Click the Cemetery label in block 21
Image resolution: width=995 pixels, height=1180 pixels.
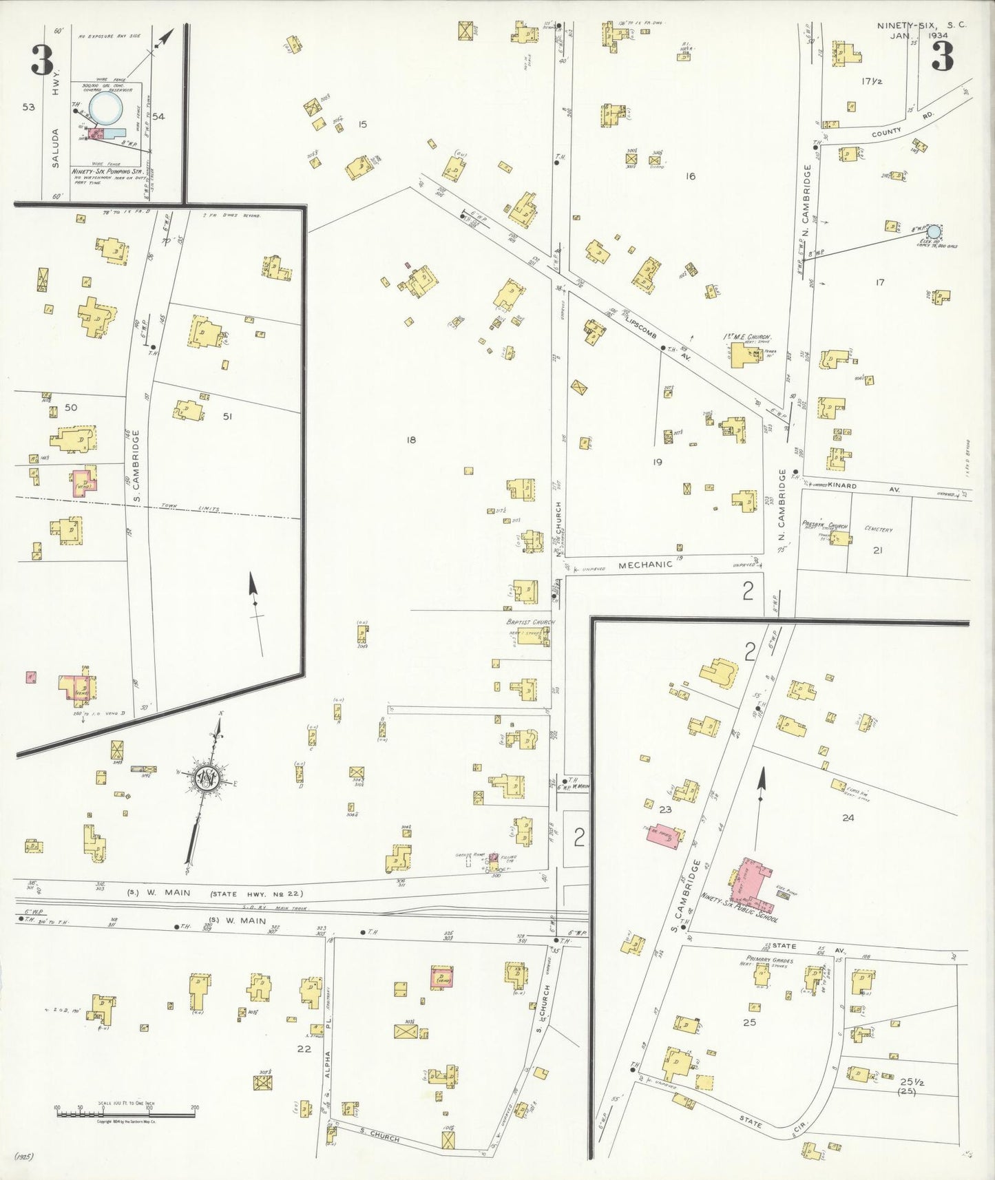[878, 529]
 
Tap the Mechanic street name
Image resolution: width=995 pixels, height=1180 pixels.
[645, 565]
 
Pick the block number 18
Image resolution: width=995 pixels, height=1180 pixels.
[410, 440]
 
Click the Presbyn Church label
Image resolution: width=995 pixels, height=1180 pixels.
[825, 525]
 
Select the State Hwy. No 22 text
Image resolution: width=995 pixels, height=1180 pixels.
[255, 894]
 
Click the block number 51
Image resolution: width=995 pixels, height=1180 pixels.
[227, 417]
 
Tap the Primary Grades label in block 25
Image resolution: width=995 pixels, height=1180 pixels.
[769, 960]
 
